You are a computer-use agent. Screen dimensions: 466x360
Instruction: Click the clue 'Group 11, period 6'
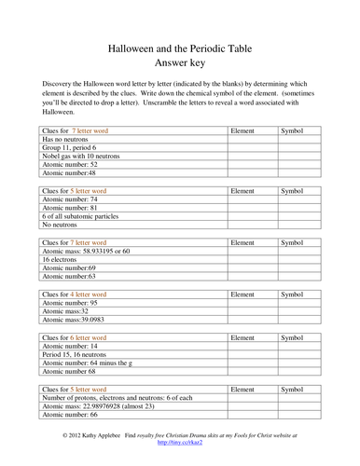pyautogui.click(x=73, y=147)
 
